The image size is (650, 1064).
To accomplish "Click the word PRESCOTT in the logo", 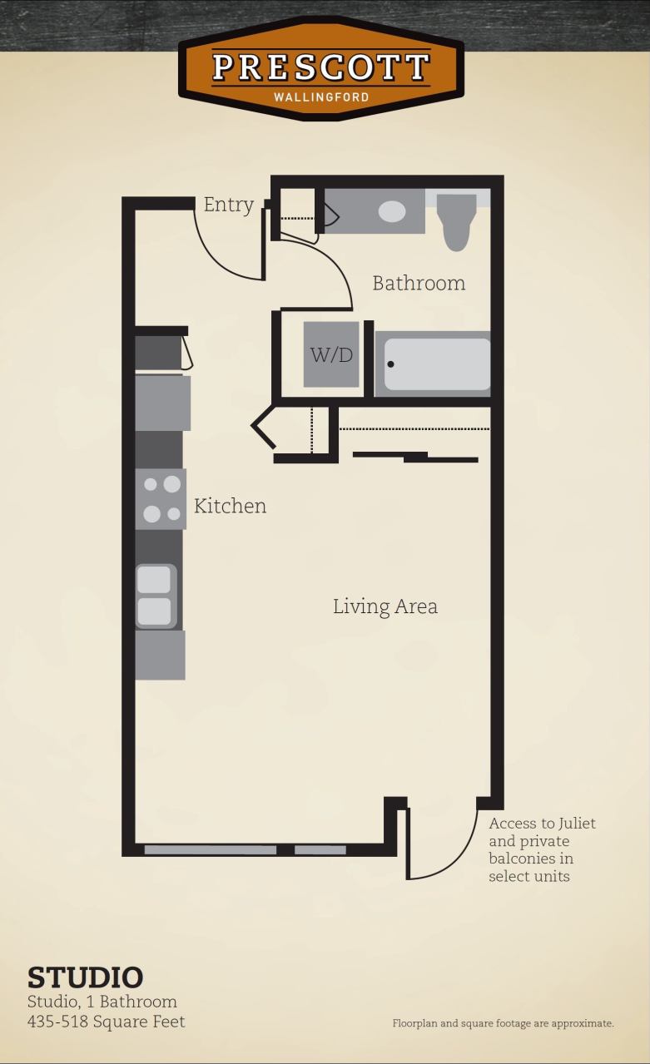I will tap(320, 67).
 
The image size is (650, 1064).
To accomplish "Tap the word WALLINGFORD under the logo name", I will tap(320, 97).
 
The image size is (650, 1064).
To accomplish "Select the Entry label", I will tap(228, 205).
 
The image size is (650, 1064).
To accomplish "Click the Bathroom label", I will tap(418, 283).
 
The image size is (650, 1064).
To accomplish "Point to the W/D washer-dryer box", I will tap(331, 354).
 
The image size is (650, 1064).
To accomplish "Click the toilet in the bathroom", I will tap(456, 221).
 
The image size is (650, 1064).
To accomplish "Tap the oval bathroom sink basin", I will tap(392, 211).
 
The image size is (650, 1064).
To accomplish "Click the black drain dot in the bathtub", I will tap(390, 364).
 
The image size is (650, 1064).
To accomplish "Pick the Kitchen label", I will tap(230, 506).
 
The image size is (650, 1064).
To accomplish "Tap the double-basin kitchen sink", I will tap(156, 596).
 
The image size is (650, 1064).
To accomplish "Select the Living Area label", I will tap(385, 606).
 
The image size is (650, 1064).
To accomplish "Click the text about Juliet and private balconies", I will tap(542, 849).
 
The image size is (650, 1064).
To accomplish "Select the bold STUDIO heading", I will tap(85, 977).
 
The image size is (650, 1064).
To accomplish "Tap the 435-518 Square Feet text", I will tap(106, 1022).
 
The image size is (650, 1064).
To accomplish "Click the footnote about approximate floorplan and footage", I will tap(503, 1023).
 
